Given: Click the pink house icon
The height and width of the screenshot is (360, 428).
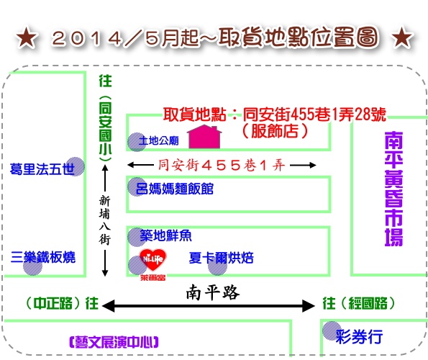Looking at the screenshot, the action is tap(204, 137).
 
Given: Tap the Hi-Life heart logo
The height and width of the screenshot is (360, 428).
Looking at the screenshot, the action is tap(152, 260).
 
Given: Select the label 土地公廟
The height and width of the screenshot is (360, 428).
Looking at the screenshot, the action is tap(158, 141).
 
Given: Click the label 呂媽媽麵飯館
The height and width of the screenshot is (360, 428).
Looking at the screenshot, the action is tap(174, 189).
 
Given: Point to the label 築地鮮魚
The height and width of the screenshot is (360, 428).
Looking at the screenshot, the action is tap(165, 235).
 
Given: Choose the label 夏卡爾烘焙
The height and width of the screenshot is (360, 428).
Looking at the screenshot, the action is tap(221, 258).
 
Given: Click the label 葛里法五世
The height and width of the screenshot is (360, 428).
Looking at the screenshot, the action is tap(42, 169).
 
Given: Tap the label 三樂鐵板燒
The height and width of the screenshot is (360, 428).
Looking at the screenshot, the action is tap(43, 257).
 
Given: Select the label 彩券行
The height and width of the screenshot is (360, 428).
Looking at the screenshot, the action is tap(359, 336).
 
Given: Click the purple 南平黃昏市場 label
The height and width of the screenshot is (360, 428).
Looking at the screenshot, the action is tap(393, 189).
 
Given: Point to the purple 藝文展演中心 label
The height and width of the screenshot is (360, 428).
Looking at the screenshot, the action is tap(114, 342).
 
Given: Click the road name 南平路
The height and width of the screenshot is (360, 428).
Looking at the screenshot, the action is tap(213, 292).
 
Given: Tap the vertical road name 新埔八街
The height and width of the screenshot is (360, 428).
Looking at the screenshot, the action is tap(104, 220).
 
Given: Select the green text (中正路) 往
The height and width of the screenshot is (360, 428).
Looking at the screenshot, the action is tap(62, 303).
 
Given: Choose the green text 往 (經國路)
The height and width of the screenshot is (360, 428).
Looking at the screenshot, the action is tap(359, 303).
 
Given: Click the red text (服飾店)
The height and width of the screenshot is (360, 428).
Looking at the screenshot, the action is tap(275, 131).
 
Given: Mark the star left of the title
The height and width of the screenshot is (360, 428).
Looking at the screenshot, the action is tap(26, 37).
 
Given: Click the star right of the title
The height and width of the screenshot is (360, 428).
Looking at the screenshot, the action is tap(402, 37).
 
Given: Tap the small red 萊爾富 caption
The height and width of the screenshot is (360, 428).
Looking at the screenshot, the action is tap(152, 278).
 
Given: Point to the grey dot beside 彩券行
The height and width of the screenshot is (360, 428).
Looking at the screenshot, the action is tap(332, 330).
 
